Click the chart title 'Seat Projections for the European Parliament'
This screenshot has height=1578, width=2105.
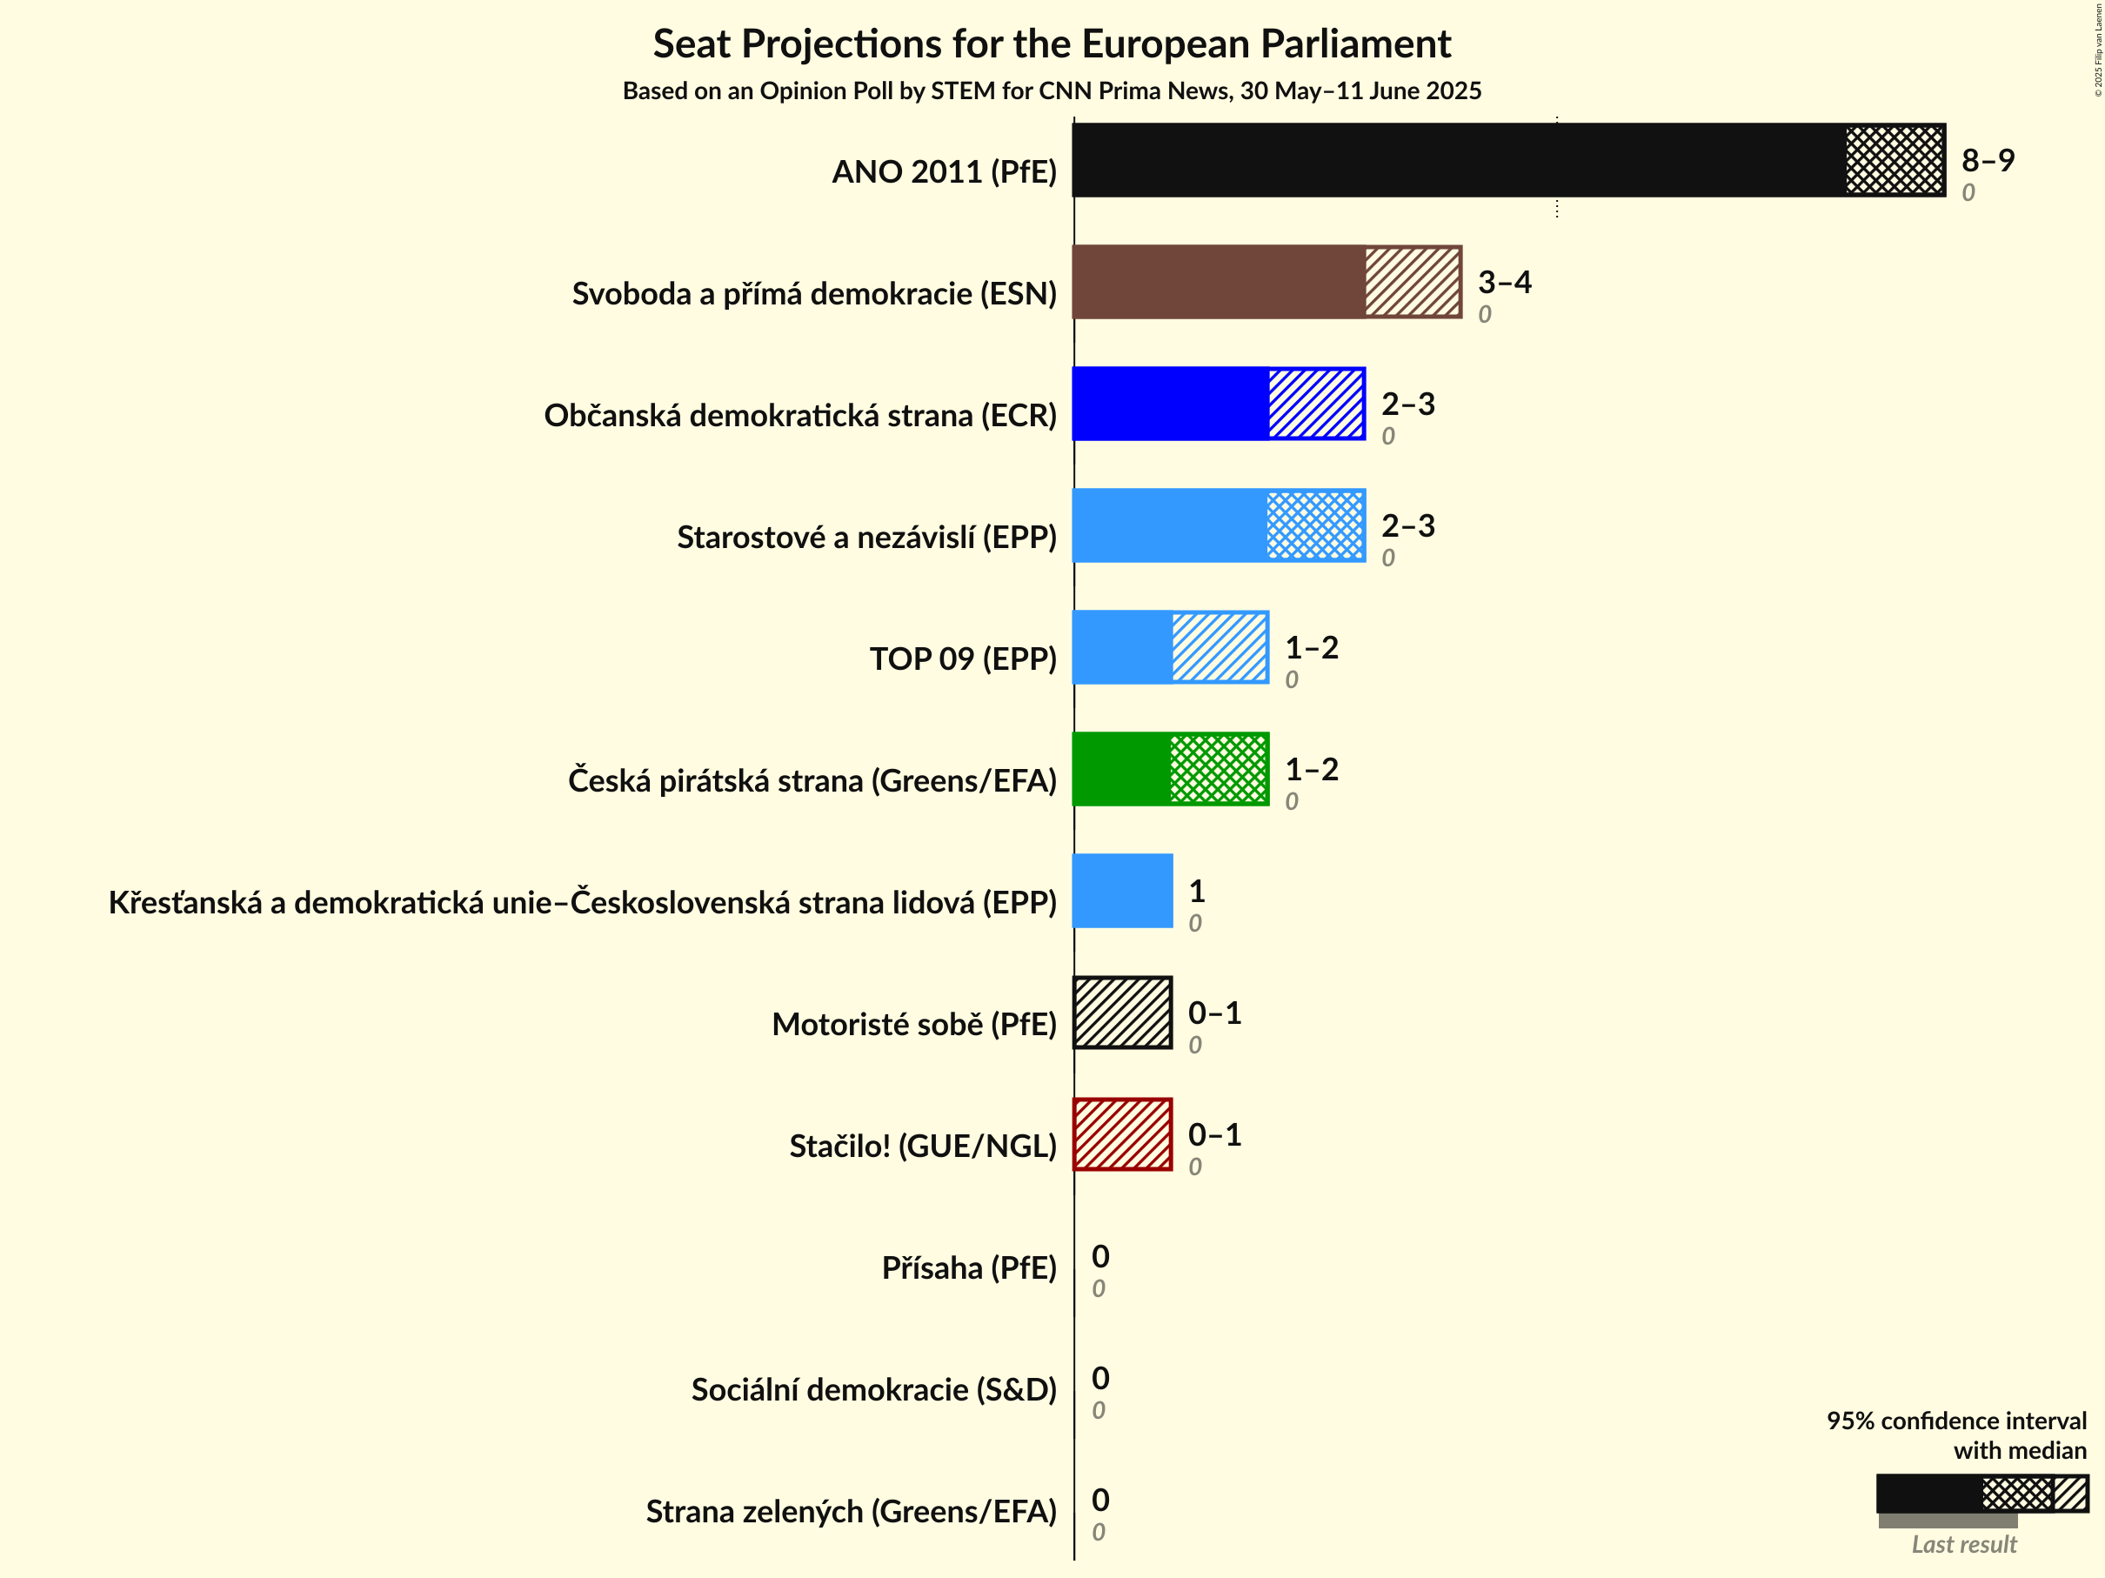[x=1052, y=44]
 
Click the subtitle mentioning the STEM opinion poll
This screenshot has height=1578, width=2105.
[x=1052, y=90]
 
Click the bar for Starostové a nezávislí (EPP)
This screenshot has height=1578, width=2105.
[x=1218, y=525]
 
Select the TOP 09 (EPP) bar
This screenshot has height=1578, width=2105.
[x=1171, y=647]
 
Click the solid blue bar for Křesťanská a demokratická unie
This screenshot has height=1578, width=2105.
[x=1123, y=891]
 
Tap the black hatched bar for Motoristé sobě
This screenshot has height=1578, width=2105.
[x=1123, y=1013]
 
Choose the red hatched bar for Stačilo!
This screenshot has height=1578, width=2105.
[x=1123, y=1134]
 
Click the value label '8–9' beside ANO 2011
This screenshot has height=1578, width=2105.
[x=1988, y=160]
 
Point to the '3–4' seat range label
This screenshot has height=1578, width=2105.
[x=1505, y=282]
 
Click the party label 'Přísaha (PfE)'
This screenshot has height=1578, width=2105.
[x=969, y=1267]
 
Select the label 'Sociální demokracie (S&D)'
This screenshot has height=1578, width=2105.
[x=873, y=1389]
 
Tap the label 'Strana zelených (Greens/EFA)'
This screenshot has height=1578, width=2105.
[x=851, y=1511]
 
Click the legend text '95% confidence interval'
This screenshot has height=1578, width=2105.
[x=1955, y=1421]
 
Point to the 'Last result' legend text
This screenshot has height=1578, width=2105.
[x=1964, y=1545]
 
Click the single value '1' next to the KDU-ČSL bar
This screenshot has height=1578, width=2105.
[x=1197, y=891]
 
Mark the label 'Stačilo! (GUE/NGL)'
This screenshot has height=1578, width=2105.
[x=922, y=1146]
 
